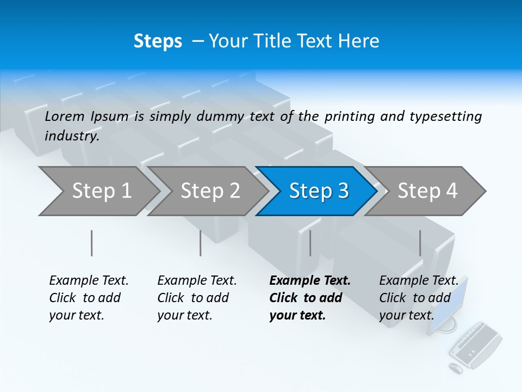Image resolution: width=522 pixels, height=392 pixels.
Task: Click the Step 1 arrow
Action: click(x=101, y=191)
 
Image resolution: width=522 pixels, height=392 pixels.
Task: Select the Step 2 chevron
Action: click(x=210, y=191)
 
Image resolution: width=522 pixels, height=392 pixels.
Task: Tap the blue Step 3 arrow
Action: click(x=319, y=191)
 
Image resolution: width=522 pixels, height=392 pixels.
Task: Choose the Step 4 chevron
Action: click(x=427, y=191)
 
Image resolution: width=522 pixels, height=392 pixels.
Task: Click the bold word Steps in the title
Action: click(x=158, y=41)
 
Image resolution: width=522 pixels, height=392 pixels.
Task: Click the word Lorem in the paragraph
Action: click(x=65, y=116)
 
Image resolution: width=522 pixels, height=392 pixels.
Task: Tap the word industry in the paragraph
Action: click(x=72, y=136)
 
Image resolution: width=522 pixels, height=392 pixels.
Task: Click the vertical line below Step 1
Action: click(x=91, y=243)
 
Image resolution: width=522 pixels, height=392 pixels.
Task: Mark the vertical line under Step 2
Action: click(x=201, y=243)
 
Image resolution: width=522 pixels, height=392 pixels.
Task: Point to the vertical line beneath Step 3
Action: click(x=310, y=243)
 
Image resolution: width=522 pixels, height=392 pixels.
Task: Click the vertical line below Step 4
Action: click(x=420, y=243)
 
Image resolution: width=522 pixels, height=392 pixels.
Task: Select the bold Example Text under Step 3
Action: click(x=310, y=281)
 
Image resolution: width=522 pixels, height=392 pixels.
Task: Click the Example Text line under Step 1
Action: click(x=89, y=281)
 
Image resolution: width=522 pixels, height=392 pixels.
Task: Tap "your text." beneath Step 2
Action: click(x=184, y=315)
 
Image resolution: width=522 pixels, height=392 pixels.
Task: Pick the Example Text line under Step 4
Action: click(x=419, y=281)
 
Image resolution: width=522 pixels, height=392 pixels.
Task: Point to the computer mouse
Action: click(x=456, y=368)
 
